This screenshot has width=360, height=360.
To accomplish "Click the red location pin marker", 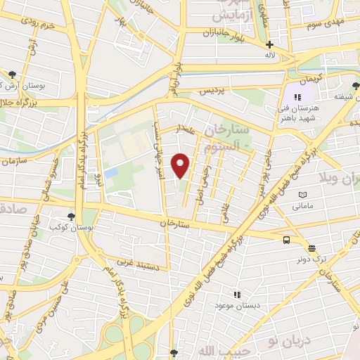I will [181, 165].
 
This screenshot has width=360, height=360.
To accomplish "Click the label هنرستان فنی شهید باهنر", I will [298, 112].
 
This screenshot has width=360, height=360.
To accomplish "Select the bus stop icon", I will [287, 240].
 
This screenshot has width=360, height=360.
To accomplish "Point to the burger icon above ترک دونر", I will [311, 247].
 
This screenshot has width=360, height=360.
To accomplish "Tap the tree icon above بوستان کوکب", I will [70, 217].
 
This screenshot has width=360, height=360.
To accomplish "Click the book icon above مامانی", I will [302, 195].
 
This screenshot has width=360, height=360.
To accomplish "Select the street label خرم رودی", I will [38, 25].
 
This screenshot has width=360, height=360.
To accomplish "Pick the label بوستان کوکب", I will [64, 229].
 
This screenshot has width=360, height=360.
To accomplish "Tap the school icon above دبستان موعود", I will [237, 295].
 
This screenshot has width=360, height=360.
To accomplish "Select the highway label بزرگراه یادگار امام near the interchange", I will [113, 295].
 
